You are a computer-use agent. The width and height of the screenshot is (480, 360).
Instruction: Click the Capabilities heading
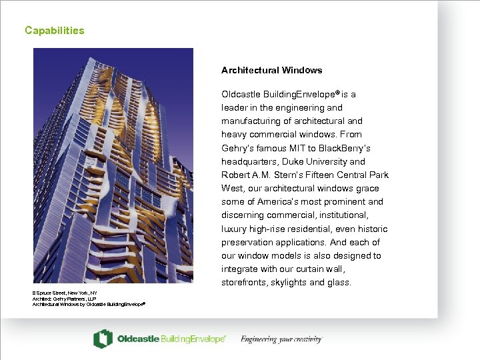click(x=55, y=31)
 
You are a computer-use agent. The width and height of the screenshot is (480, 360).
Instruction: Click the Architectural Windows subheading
click(x=271, y=70)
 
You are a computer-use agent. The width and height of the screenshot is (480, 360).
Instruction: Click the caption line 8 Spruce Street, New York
click(x=65, y=293)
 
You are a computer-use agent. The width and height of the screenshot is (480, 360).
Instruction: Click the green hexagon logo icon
click(x=103, y=339)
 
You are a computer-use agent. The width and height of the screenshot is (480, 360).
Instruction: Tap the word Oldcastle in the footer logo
click(x=137, y=339)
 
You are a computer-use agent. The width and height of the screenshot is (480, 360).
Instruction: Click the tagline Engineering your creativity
click(x=281, y=339)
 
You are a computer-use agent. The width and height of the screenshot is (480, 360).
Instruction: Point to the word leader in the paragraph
click(x=234, y=107)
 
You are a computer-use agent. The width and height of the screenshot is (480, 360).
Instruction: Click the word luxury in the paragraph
click(x=235, y=229)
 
